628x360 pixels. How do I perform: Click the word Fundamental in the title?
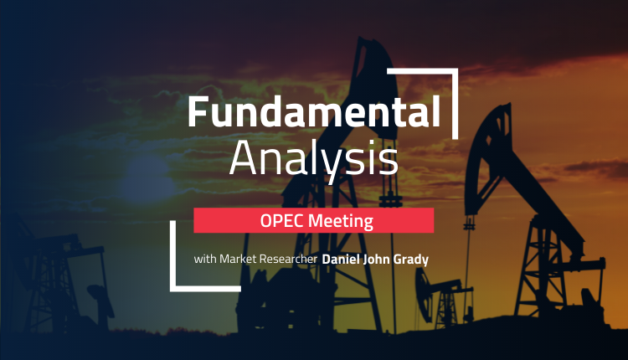314,111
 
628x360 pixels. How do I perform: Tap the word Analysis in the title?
314,158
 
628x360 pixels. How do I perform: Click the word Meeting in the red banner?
341,221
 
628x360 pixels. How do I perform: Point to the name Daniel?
341,260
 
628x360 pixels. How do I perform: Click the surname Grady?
411,260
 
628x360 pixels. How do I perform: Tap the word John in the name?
377,260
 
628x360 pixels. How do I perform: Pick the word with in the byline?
205,259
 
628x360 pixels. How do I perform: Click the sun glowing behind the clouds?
148,178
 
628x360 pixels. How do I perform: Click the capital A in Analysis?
243,157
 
